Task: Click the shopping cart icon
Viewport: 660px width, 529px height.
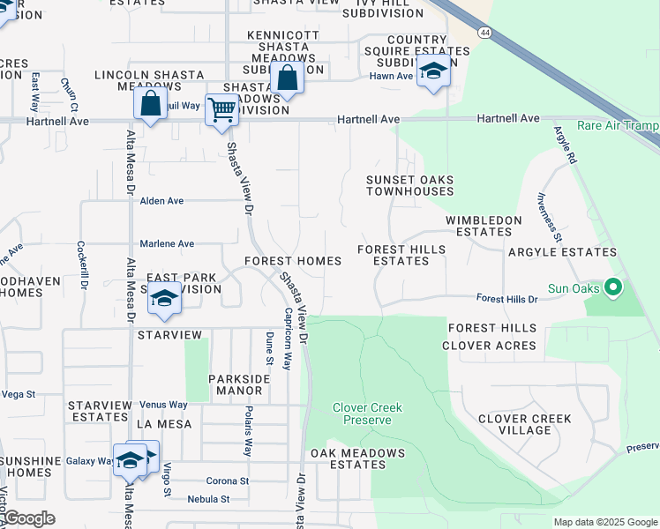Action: (x=221, y=110)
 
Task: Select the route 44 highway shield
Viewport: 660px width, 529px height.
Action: (x=485, y=32)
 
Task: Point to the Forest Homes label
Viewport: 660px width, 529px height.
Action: (x=293, y=261)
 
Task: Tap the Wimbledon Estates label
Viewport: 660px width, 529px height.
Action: (x=478, y=226)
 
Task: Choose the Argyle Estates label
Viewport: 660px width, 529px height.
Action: (x=562, y=252)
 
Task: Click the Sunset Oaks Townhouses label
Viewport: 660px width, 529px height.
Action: (x=409, y=185)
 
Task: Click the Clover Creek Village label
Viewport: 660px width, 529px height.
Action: (x=524, y=424)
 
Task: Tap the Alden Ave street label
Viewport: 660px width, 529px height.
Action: (x=161, y=201)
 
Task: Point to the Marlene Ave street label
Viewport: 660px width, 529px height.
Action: (x=167, y=243)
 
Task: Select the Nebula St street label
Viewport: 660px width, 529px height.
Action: (x=208, y=499)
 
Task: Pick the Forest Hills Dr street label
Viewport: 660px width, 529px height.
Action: (x=507, y=300)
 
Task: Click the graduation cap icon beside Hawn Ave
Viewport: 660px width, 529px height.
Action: (x=433, y=71)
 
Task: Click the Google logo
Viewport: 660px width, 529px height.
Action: (x=29, y=518)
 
